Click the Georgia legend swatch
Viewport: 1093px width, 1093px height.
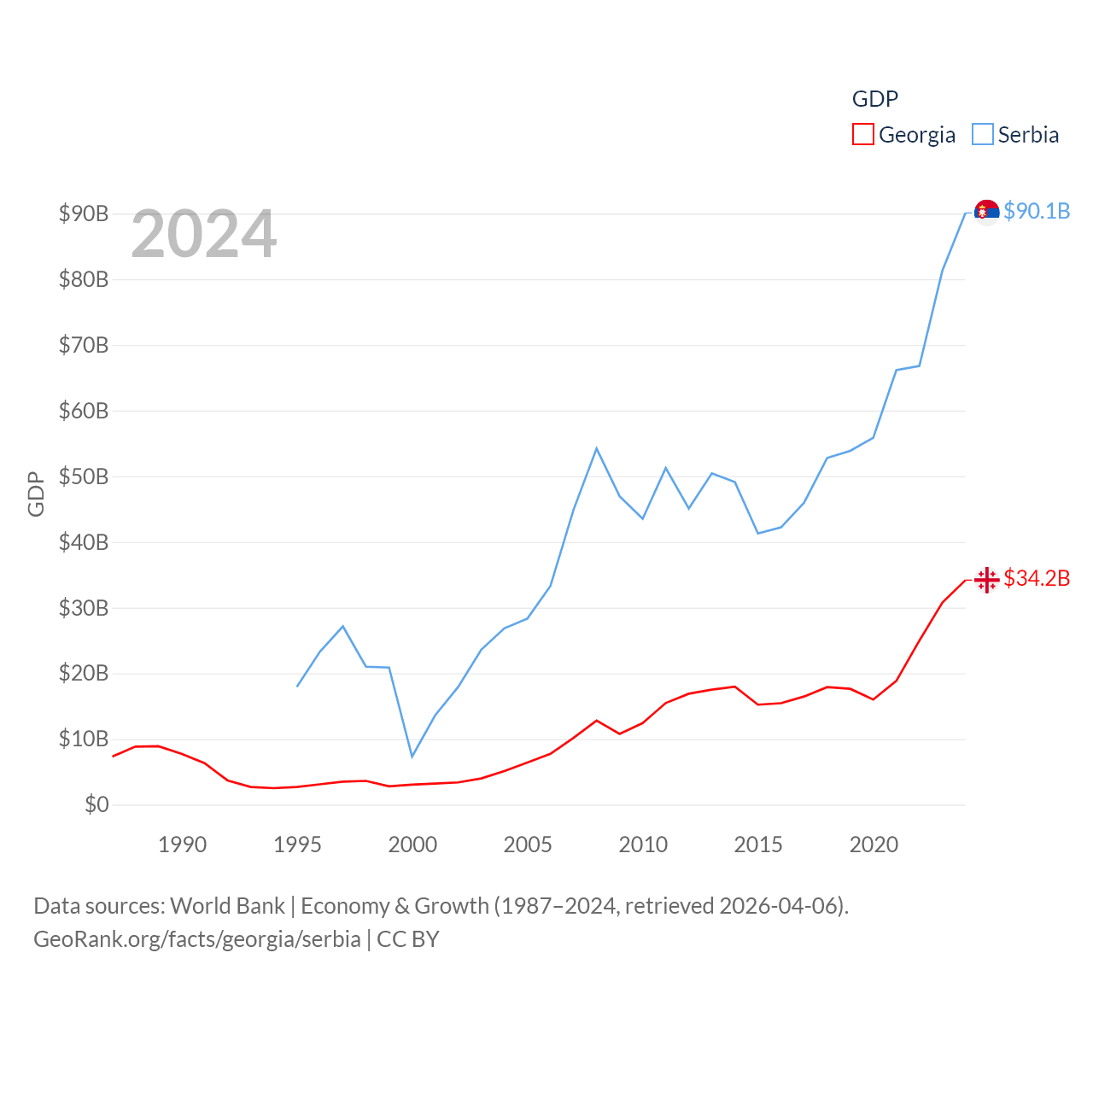coord(862,135)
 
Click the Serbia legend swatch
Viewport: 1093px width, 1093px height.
coord(983,135)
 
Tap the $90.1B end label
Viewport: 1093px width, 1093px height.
coord(1037,211)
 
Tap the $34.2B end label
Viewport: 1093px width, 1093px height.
coord(1037,578)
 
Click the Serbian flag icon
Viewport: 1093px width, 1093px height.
coord(986,211)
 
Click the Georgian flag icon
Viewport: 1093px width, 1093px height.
coord(986,580)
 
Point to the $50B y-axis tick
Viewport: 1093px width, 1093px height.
coord(84,476)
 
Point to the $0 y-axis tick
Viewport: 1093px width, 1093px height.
coord(96,804)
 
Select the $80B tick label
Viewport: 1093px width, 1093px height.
coord(84,279)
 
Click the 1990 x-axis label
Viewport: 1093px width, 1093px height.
coord(182,845)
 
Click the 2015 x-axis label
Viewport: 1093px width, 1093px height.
coord(757,845)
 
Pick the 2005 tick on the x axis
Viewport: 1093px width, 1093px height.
coord(528,845)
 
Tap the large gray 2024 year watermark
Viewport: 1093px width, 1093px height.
coord(204,233)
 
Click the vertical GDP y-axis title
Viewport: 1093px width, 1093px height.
coord(36,494)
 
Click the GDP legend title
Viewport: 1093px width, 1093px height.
coord(875,99)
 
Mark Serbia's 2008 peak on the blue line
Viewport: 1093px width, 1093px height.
coord(596,448)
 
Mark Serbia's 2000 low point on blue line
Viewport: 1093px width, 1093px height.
coord(412,757)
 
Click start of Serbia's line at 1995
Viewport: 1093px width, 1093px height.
coord(297,687)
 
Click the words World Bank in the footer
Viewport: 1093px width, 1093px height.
coord(227,905)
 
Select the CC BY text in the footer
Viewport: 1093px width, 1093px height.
coord(408,939)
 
